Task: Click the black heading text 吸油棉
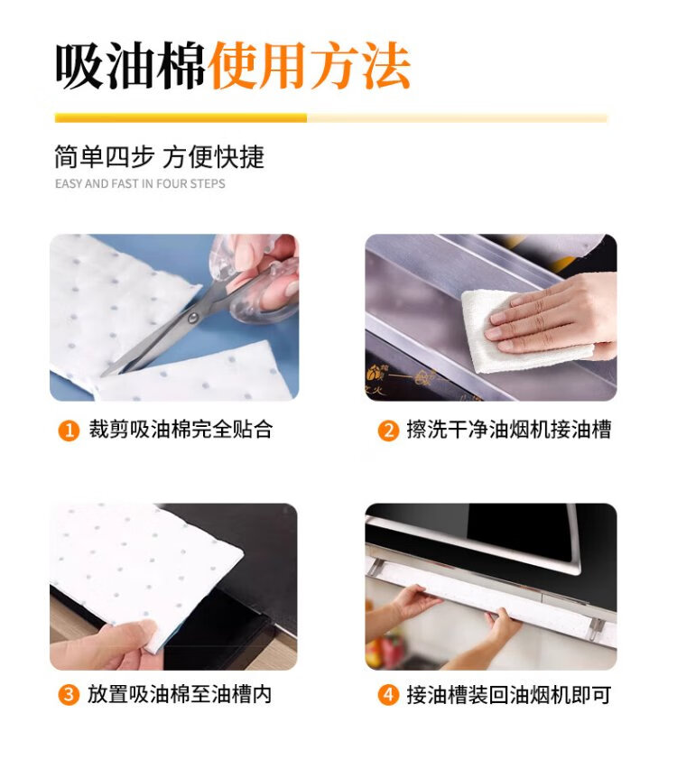click(130, 66)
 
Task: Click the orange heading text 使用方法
click(309, 66)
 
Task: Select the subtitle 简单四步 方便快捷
click(160, 157)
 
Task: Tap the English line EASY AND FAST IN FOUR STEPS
click(140, 184)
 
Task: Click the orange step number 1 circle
click(69, 431)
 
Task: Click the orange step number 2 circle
click(388, 431)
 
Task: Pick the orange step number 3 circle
click(69, 695)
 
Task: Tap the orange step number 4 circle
click(388, 695)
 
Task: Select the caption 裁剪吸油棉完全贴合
click(181, 430)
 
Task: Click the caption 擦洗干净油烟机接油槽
click(509, 431)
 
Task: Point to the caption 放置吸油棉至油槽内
click(180, 694)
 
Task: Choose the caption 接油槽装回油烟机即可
click(509, 695)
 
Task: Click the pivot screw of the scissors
click(193, 319)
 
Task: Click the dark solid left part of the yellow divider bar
click(181, 118)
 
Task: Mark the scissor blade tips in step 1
click(104, 375)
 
